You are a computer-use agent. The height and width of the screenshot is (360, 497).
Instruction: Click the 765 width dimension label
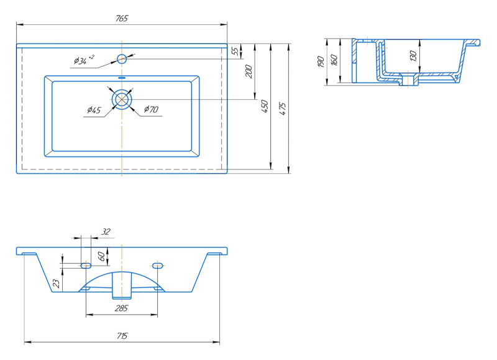click(x=122, y=19)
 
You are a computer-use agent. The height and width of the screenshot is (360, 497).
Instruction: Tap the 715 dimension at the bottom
click(x=122, y=336)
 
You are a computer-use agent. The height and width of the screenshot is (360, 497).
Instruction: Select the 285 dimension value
click(x=122, y=308)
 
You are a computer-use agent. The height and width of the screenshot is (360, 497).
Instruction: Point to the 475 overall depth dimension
click(x=283, y=108)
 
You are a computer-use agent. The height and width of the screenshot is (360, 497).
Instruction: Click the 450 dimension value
click(x=265, y=106)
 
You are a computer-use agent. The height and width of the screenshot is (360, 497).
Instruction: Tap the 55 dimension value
click(x=234, y=51)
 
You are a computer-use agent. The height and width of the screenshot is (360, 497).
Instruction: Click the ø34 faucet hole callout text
click(x=83, y=60)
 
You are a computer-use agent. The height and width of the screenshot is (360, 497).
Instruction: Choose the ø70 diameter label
click(x=151, y=110)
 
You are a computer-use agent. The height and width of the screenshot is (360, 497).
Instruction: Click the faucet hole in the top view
click(x=122, y=59)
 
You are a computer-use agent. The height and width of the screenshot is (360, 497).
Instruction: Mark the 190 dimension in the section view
click(x=321, y=61)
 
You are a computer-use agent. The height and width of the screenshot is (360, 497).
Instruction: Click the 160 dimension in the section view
click(x=334, y=61)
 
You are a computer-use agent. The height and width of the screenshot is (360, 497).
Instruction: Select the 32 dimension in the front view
click(x=105, y=232)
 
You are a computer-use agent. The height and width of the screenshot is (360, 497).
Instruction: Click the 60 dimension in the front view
click(x=101, y=255)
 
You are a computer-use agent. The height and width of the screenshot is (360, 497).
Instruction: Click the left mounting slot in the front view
click(x=86, y=265)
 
